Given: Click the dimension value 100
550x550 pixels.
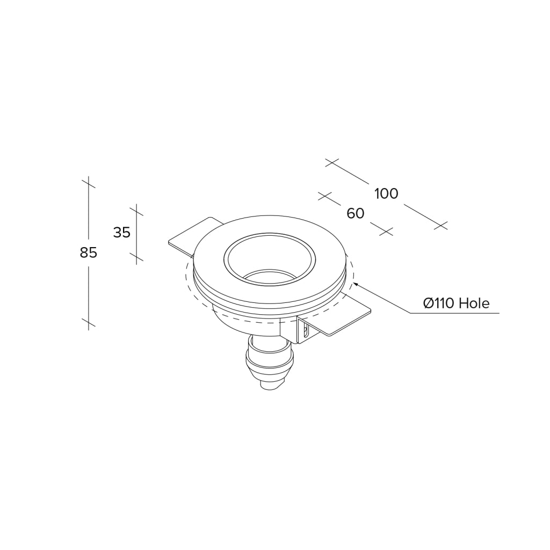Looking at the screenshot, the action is coord(387,193).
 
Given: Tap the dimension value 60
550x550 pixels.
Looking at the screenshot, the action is coord(356,213).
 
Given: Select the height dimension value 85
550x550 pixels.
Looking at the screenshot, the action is coord(89,252).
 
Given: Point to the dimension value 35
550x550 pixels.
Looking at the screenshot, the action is coord(122,232).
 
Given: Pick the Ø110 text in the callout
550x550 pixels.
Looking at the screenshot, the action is coord(439,303).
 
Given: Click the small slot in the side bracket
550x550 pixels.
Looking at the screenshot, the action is coord(306,330).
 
